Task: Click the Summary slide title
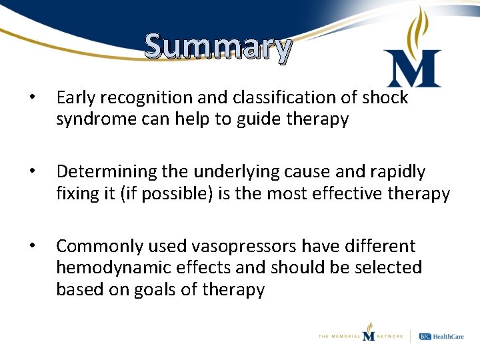click(x=218, y=47)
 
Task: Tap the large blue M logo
click(x=413, y=69)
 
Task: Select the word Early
click(x=77, y=98)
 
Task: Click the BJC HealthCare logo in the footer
click(x=442, y=335)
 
